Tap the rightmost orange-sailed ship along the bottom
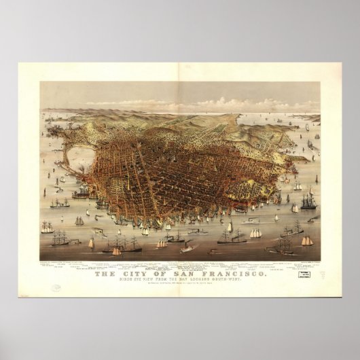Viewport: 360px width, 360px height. (x=308, y=241)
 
